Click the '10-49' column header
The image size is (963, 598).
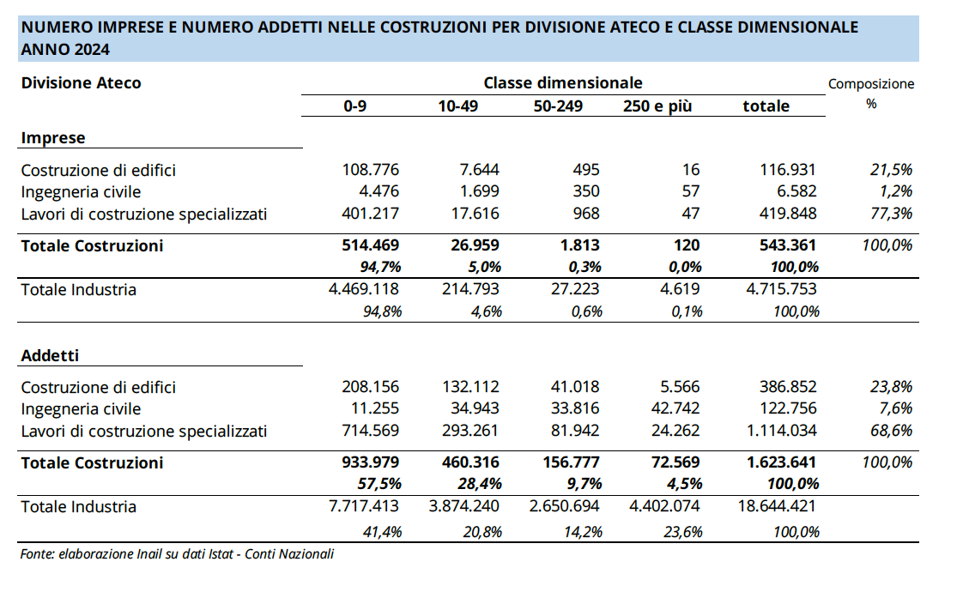pos(458,106)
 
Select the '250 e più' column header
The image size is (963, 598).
pos(657,106)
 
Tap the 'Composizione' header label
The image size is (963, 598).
pos(871,84)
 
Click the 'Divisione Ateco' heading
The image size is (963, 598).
pos(81,83)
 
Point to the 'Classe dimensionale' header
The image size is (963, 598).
pos(563,83)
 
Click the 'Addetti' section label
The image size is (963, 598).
pos(51,355)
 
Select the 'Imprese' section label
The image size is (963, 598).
pos(52,138)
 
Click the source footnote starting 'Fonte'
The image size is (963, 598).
pos(177,554)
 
